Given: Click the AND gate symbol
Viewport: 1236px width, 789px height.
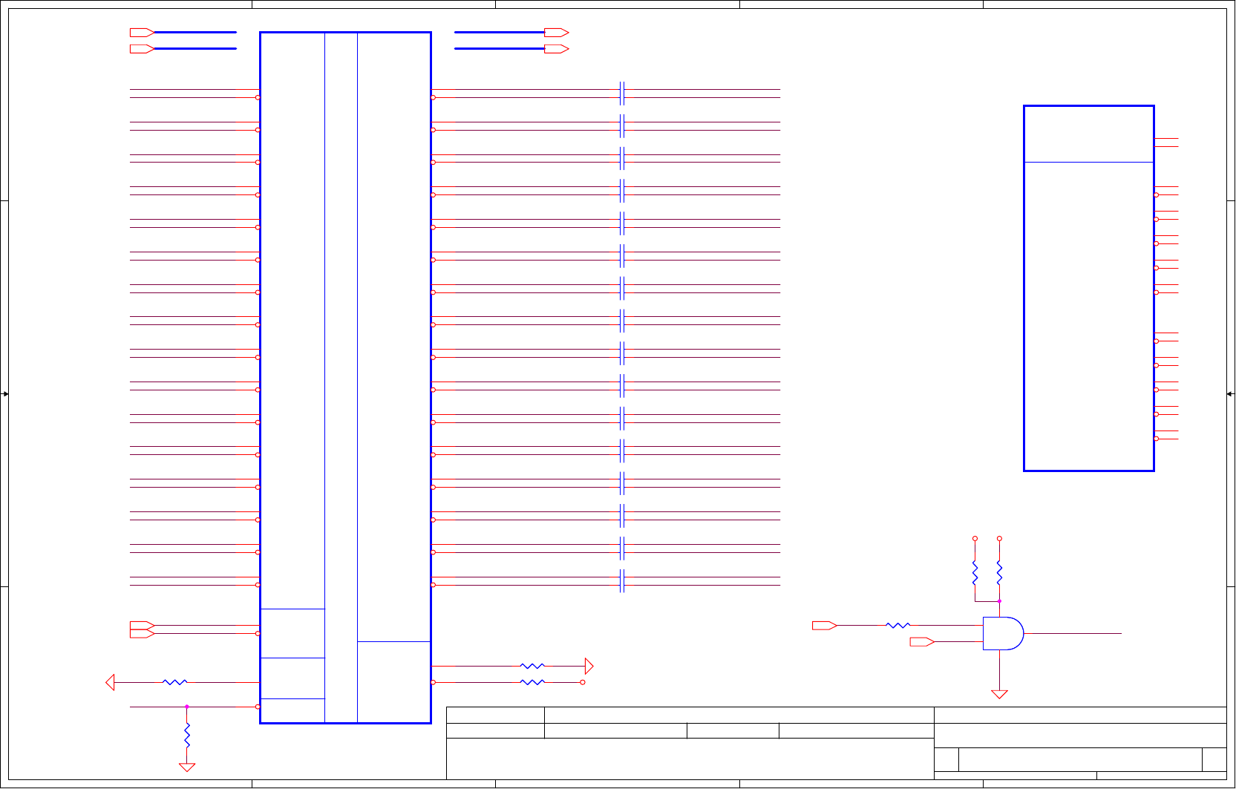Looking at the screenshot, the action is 1002,633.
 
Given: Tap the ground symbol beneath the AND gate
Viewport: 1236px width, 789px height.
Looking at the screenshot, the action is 999,694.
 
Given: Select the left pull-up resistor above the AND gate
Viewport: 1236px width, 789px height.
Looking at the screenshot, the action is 975,573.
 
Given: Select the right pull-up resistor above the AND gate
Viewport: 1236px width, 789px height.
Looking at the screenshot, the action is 999,573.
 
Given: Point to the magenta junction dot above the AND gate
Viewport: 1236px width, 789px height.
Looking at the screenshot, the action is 999,601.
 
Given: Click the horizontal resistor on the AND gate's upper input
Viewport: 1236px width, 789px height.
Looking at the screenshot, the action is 898,626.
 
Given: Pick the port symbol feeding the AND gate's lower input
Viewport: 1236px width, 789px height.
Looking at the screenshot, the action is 922,642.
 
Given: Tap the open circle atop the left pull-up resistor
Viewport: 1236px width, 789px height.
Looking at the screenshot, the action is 975,539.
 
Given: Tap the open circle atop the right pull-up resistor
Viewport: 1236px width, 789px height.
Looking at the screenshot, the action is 999,539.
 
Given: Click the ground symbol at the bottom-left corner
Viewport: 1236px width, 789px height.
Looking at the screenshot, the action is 187,767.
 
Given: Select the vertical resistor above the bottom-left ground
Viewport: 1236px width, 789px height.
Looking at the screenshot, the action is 187,735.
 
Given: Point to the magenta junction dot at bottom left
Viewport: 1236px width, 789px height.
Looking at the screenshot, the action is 187,707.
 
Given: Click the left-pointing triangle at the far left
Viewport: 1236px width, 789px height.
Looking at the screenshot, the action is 111,682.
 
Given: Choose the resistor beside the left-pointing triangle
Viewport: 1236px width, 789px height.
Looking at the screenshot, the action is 175,682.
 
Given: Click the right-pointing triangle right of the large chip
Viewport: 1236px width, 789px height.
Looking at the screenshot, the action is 589,666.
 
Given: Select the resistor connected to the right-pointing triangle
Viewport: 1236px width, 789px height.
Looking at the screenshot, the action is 532,666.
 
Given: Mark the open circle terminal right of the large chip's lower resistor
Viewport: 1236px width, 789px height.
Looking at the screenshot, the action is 583,682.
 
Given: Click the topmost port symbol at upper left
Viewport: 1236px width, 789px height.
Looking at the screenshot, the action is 142,33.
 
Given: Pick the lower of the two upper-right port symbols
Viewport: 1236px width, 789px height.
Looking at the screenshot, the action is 556,49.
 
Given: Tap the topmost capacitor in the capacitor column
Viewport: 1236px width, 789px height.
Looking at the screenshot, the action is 622,94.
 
